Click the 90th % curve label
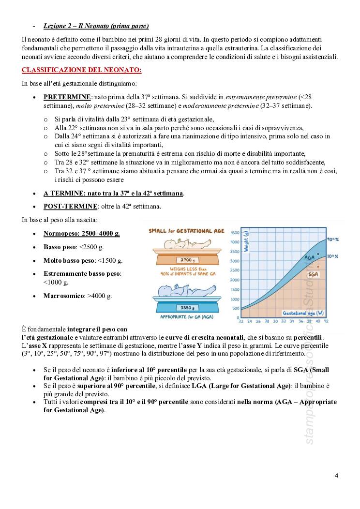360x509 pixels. (x=332, y=240)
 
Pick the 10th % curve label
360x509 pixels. (x=332, y=256)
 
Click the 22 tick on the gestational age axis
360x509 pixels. (x=241, y=321)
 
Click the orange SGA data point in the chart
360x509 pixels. (x=318, y=267)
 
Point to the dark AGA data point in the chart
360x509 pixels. (x=318, y=254)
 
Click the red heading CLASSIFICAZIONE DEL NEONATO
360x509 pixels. (x=81, y=70)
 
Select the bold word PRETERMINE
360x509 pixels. (x=67, y=97)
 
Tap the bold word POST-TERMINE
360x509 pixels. (x=71, y=207)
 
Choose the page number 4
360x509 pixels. (x=336, y=475)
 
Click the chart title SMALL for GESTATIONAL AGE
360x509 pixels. (x=186, y=231)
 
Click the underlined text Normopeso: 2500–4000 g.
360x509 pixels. (x=82, y=233)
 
